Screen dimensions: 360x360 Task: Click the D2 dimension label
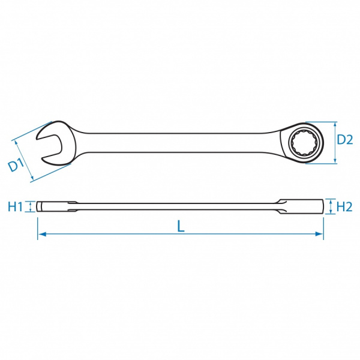tap(344, 140)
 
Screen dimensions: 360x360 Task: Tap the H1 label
tap(15, 206)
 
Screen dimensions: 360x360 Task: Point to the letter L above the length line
tap(181, 227)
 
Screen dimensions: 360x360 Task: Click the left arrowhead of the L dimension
tap(42, 234)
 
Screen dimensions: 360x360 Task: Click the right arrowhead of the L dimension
tap(319, 234)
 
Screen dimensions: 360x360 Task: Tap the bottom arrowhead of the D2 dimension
tap(335, 161)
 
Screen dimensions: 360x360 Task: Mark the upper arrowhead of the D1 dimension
tap(16, 143)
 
